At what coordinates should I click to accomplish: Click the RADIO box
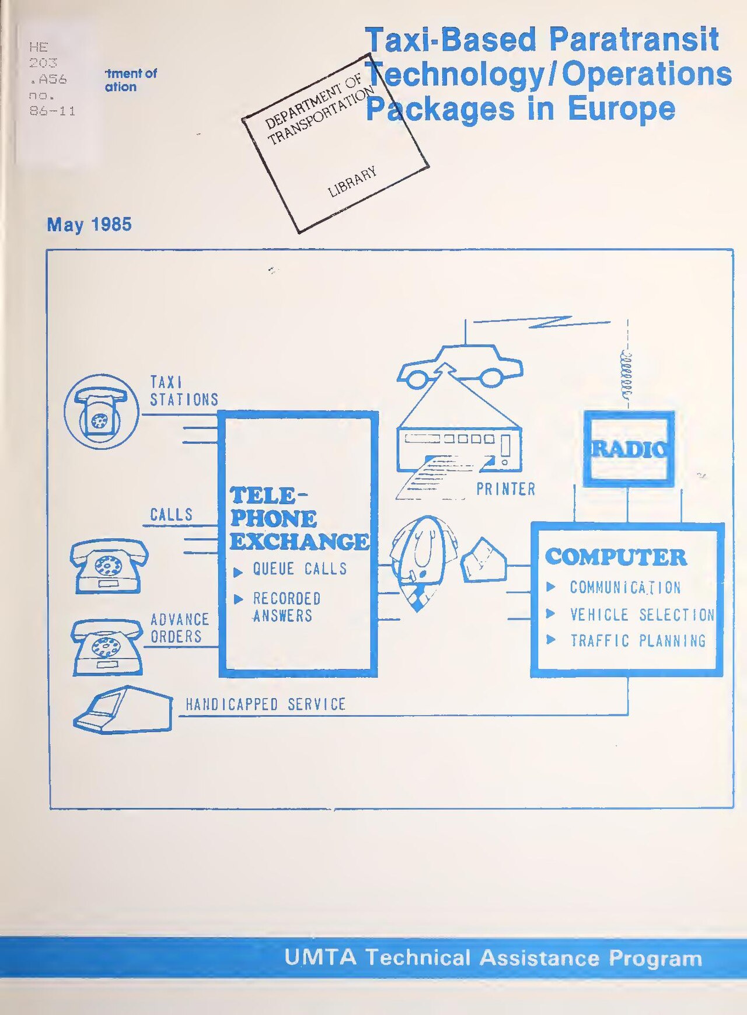(629, 449)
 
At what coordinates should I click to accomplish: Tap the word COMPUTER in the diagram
(616, 557)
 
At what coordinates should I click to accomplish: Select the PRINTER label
(505, 489)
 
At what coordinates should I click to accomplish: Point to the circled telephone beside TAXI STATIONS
(102, 411)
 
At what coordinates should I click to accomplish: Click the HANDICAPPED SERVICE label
(266, 704)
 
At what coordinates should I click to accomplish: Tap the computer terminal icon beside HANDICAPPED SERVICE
(123, 710)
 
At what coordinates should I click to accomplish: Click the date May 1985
(89, 225)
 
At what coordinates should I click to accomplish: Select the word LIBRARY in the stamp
(352, 182)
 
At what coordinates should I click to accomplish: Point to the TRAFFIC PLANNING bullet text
(638, 641)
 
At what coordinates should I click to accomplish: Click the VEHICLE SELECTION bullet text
(642, 615)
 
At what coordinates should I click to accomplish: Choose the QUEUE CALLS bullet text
(299, 568)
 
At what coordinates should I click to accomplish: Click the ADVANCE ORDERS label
(180, 628)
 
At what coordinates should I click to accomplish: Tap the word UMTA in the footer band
(320, 958)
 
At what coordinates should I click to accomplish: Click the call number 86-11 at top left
(53, 111)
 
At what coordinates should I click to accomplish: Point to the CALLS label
(171, 515)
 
